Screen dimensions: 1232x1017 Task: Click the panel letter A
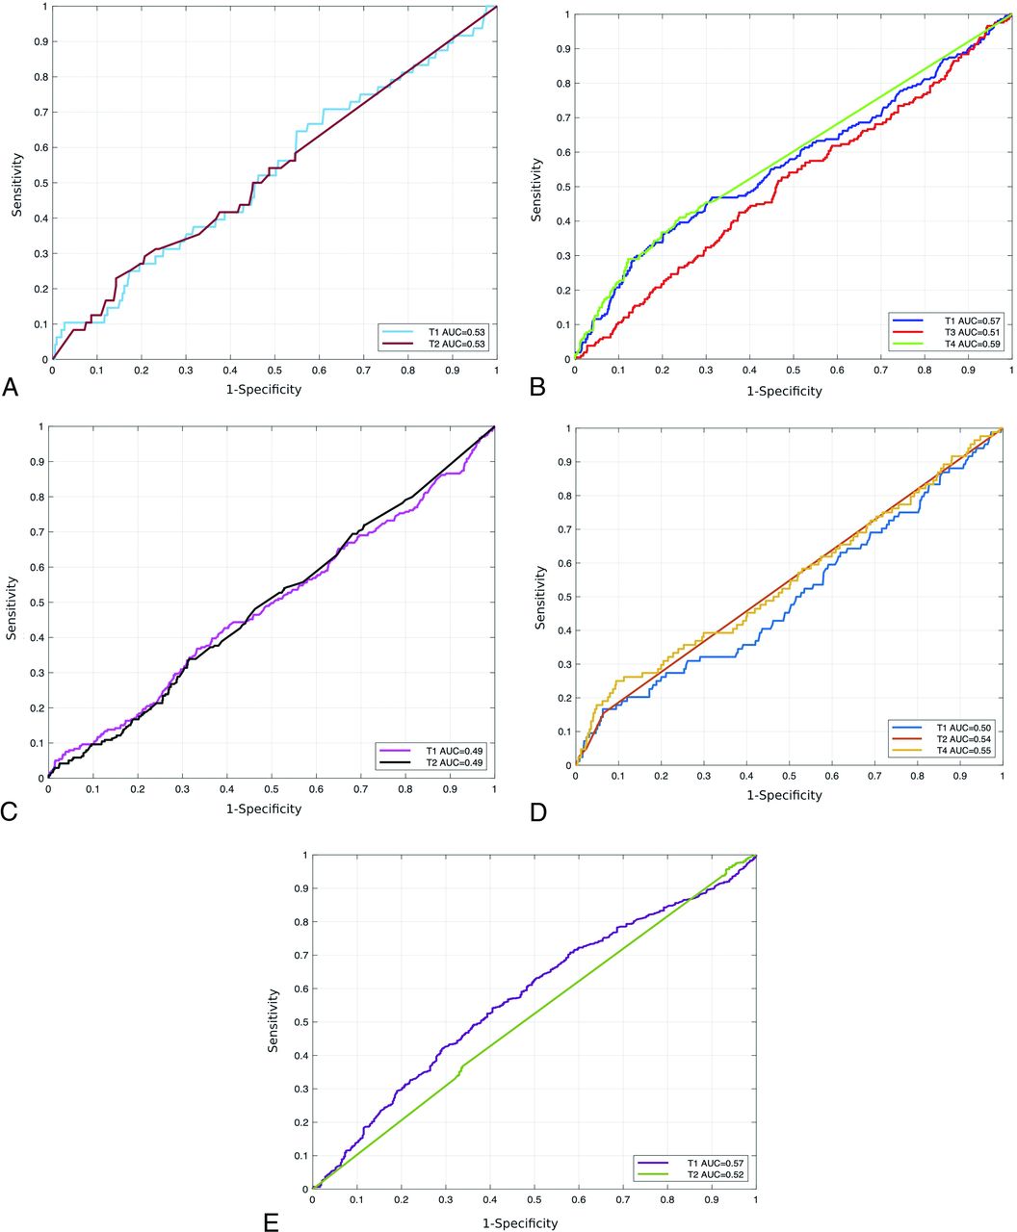[x=11, y=387]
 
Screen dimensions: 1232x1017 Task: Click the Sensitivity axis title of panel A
[x=16, y=184]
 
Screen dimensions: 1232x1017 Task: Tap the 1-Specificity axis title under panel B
[x=785, y=392]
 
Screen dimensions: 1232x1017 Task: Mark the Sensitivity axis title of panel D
[x=540, y=598]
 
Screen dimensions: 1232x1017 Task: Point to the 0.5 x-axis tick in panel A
[x=274, y=370]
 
